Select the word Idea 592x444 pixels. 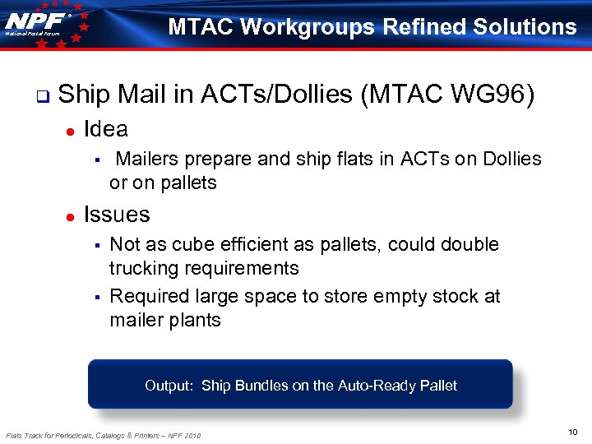tap(105, 129)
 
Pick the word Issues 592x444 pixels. tap(117, 215)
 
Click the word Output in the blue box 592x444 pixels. tap(168, 386)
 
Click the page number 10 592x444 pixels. tap(573, 432)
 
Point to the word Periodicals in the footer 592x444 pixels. tap(81, 435)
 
